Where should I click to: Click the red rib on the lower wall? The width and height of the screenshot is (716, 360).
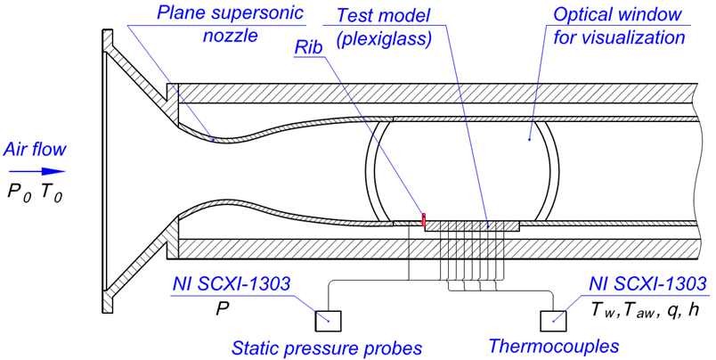[x=424, y=219]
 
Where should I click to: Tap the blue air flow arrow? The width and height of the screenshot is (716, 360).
[x=37, y=172]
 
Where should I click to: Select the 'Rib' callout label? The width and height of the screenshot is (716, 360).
[x=308, y=47]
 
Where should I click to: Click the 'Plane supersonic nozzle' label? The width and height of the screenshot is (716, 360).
[x=230, y=24]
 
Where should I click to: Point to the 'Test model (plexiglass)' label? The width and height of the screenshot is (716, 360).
[x=384, y=28]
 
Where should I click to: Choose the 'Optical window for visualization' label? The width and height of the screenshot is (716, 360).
[x=619, y=26]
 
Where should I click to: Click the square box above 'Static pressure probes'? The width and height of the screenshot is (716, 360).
[x=328, y=321]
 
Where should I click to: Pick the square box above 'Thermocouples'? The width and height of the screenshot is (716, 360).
[x=553, y=321]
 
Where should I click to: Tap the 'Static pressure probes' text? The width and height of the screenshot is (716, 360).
[x=327, y=348]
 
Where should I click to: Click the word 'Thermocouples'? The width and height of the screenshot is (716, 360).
[x=553, y=346]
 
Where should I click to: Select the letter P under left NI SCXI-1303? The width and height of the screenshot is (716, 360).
[x=222, y=310]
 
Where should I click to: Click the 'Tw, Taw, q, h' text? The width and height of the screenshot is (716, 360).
[x=645, y=311]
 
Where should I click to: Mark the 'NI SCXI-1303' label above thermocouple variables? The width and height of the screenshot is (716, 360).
[x=647, y=283]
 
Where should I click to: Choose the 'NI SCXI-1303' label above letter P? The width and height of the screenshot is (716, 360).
[x=231, y=283]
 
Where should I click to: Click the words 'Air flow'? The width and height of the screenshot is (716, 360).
[x=35, y=150]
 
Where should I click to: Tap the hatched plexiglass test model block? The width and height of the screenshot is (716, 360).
[x=472, y=225]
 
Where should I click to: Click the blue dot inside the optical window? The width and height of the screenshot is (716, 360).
[x=529, y=139]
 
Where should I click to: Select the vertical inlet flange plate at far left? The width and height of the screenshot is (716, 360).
[x=107, y=172]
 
